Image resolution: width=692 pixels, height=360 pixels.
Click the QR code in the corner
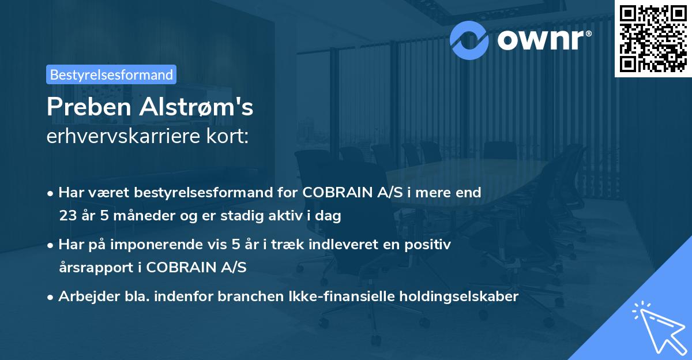coord(653,38)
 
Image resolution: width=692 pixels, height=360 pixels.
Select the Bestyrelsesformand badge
coord(111,74)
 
